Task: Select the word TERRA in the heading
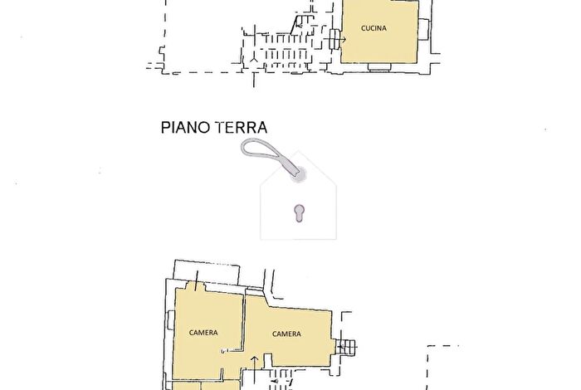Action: (x=240, y=129)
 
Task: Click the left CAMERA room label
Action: (x=203, y=333)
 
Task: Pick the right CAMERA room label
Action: (x=286, y=334)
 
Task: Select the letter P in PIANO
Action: (x=164, y=129)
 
